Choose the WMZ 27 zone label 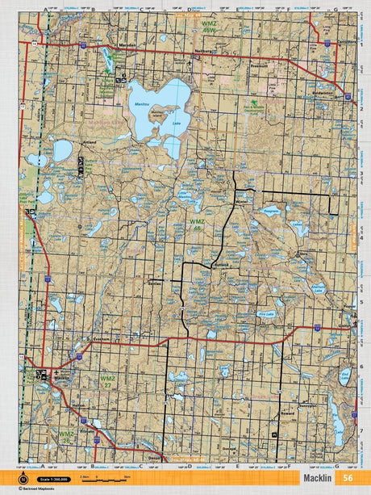click(106, 381)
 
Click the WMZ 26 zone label click(66, 437)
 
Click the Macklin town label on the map click(62, 377)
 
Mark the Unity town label click(345, 325)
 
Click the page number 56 click(347, 477)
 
